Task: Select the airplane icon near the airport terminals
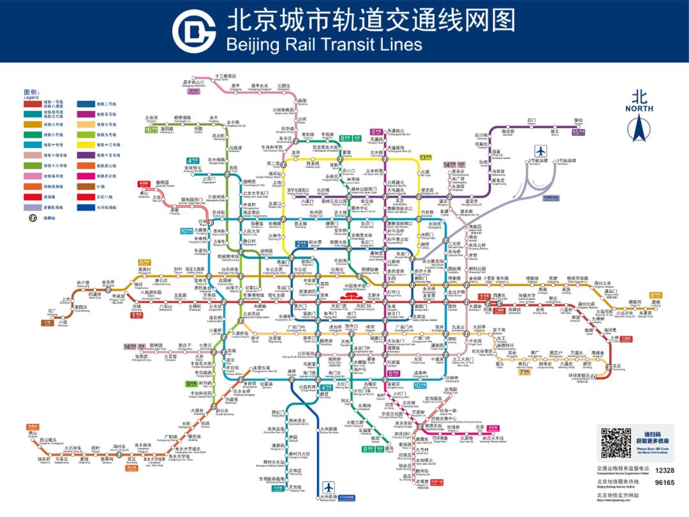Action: (542, 151)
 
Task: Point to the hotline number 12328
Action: (663, 470)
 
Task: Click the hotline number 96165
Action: (663, 483)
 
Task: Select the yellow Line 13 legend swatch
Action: (85, 145)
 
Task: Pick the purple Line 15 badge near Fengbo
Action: (578, 132)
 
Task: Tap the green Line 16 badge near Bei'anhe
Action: (151, 130)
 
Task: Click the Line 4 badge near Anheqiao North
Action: (192, 160)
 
